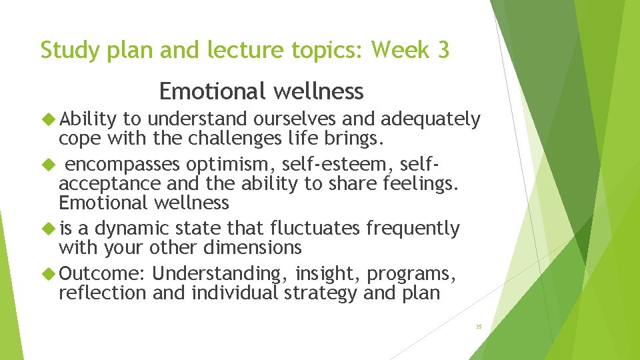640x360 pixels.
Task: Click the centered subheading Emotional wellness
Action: [261, 91]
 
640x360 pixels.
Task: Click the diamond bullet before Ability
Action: [48, 119]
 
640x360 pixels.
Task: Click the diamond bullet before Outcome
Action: [48, 274]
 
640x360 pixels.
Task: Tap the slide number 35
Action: [479, 327]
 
